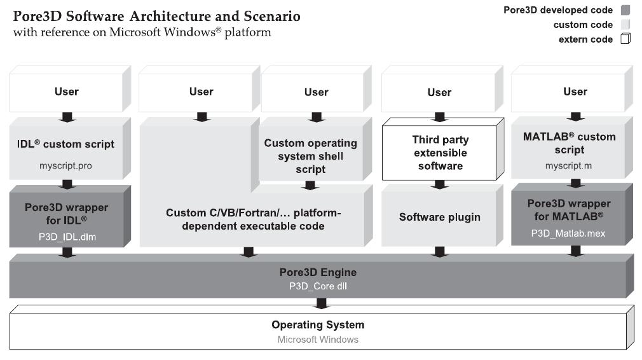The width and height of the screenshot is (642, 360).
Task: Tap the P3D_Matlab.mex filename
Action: click(x=568, y=233)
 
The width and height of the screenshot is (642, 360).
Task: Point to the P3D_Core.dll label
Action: click(x=318, y=286)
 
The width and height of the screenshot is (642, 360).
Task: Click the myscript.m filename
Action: click(x=568, y=165)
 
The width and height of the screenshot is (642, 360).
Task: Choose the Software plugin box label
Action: click(x=439, y=217)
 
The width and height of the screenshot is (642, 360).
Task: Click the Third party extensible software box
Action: click(x=439, y=153)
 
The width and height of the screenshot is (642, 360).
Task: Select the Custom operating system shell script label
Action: click(x=310, y=156)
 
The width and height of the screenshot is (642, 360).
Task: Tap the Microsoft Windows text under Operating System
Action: click(x=318, y=340)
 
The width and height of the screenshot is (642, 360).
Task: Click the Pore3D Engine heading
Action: click(x=318, y=272)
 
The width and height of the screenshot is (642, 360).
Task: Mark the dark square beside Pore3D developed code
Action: click(x=625, y=10)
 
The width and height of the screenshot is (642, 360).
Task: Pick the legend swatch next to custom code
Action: click(x=625, y=25)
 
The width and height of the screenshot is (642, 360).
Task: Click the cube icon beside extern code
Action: click(x=625, y=39)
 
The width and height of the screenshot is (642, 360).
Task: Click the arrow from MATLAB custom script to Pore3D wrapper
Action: click(x=575, y=183)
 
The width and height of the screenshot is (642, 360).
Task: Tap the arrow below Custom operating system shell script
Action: click(x=310, y=185)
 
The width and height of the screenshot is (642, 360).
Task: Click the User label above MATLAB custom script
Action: click(x=575, y=92)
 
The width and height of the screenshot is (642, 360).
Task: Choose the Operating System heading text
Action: click(x=318, y=324)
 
